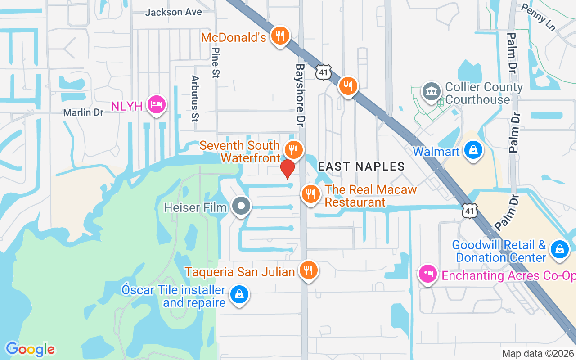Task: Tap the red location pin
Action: [x=288, y=169]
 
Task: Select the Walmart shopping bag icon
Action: [x=473, y=150]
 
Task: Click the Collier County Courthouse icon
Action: [x=431, y=91]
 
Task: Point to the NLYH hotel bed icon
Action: [x=156, y=105]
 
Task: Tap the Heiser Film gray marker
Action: [x=242, y=207]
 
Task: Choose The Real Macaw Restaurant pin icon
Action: [x=310, y=194]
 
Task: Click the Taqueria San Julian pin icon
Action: [x=308, y=270]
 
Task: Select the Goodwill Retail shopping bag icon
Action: [x=559, y=249]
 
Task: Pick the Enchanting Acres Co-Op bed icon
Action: [x=427, y=273]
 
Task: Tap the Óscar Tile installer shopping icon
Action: [x=239, y=295]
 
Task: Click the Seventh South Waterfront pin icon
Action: [x=294, y=150]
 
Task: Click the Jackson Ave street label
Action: [x=173, y=12]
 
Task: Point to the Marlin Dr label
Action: [x=83, y=112]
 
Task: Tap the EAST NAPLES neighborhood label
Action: [x=361, y=166]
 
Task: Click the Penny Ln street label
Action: [x=538, y=14]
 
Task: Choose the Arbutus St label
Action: [x=195, y=99]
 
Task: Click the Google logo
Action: [x=30, y=349]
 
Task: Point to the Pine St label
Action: [x=215, y=63]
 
